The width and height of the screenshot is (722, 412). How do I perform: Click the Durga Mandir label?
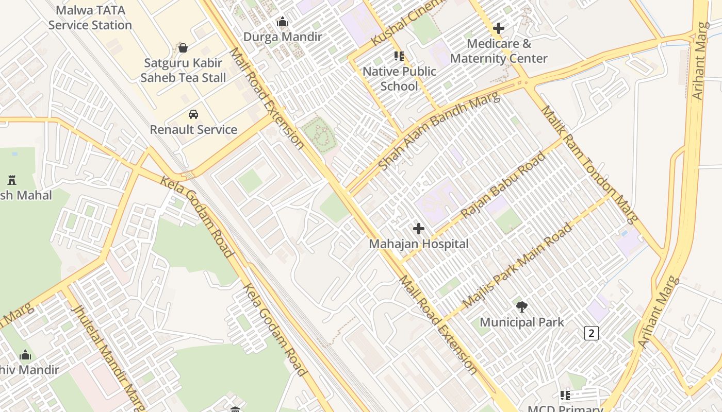click(x=282, y=37)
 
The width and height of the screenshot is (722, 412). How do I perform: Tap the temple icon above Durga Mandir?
click(x=282, y=22)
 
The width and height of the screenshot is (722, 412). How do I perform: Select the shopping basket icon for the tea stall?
click(x=183, y=48)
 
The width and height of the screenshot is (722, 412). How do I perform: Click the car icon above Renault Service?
click(x=193, y=114)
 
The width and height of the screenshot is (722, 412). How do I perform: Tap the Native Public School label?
click(x=399, y=78)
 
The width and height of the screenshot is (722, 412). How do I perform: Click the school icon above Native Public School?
click(x=399, y=56)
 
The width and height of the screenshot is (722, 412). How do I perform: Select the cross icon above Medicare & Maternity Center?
click(x=498, y=28)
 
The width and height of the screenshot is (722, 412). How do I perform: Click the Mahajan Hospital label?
click(x=418, y=244)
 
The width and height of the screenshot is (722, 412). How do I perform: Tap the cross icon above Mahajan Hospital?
click(x=418, y=228)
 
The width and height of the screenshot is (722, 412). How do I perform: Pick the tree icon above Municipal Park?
click(x=522, y=307)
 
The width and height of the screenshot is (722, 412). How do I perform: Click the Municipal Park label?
click(x=522, y=322)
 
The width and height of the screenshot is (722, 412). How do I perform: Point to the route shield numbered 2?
click(x=591, y=333)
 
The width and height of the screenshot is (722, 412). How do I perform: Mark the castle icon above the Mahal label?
click(x=12, y=180)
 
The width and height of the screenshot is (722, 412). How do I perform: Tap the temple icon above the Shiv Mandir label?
click(x=25, y=355)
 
